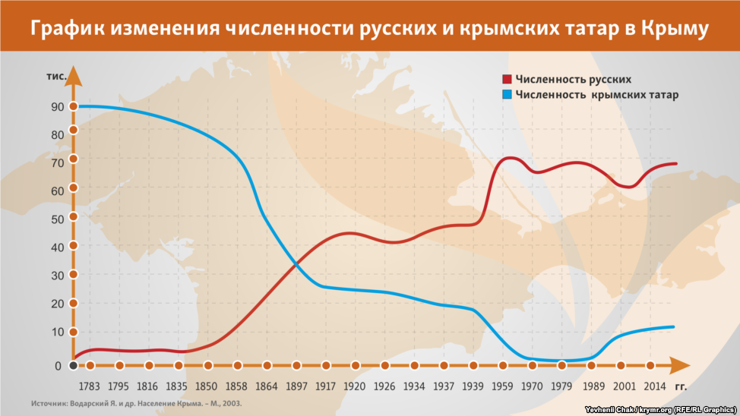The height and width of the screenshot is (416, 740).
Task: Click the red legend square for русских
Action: coord(506,79)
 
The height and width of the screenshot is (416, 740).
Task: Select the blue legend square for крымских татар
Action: coord(506,95)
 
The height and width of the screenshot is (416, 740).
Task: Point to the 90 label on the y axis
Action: coord(57,107)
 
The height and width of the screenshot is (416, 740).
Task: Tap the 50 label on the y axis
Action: coord(57,219)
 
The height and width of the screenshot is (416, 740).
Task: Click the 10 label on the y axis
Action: coord(57,332)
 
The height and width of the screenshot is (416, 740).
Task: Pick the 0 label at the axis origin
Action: coord(57,366)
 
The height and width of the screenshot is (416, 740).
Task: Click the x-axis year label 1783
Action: coord(90,386)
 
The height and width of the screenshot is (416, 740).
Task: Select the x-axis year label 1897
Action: coord(296,386)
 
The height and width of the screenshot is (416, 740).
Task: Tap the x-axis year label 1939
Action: coord(473,386)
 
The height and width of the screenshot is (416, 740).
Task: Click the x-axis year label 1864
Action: coord(267,386)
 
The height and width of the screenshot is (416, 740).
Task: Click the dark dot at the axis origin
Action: coord(74,366)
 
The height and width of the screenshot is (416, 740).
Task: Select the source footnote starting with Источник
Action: coord(137,403)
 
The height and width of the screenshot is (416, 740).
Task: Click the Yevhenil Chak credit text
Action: coord(659,410)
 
